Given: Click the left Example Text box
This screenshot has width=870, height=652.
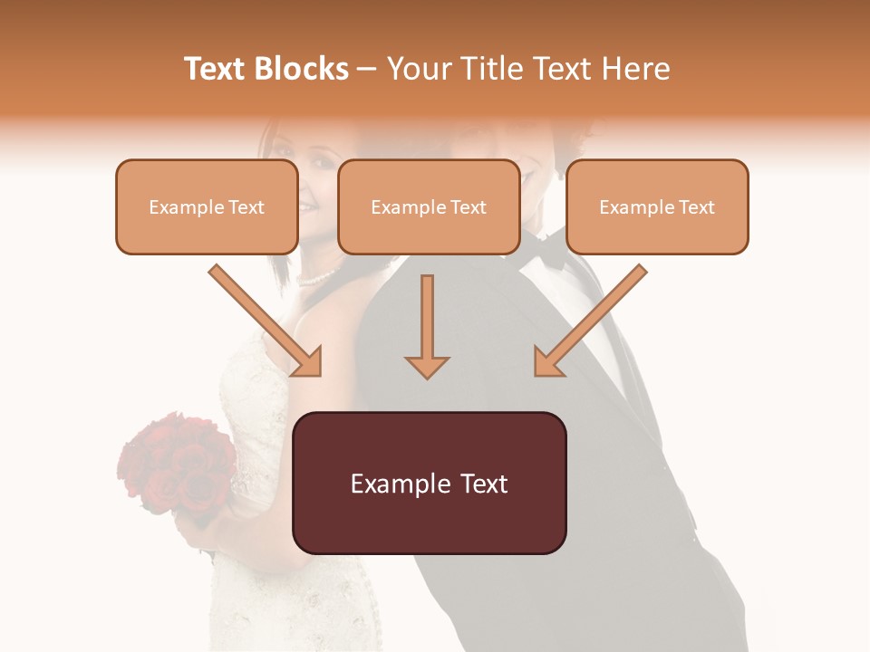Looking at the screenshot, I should click(x=207, y=207).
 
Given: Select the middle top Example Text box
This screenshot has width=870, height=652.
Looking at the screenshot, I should click(x=429, y=207).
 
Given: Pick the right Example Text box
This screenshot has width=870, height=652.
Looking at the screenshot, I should click(x=657, y=207).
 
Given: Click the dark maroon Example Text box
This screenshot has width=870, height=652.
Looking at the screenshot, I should click(x=429, y=484).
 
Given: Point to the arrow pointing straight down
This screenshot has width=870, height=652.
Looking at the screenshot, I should click(x=427, y=326).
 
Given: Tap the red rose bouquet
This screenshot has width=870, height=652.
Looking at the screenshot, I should click(x=177, y=466).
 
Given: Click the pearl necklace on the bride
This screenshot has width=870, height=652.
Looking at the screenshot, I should click(x=320, y=277).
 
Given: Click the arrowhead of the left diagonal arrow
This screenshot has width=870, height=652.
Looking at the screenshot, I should click(x=308, y=362).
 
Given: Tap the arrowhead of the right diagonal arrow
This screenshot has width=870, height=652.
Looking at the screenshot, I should click(x=547, y=362).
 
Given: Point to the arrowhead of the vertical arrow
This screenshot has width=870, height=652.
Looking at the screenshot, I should click(x=427, y=366).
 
